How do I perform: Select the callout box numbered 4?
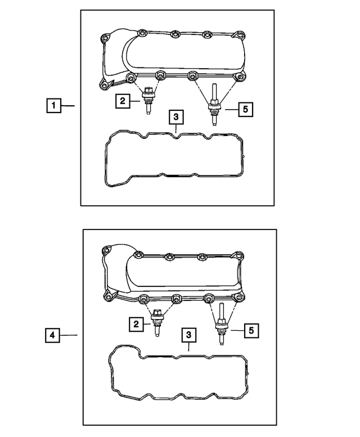(52, 335)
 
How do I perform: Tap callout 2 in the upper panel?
(121, 101)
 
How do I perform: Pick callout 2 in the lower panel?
(135, 324)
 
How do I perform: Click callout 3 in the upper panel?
(176, 117)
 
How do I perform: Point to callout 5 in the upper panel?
(245, 109)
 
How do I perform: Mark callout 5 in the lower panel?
(252, 330)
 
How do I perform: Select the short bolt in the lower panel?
(157, 323)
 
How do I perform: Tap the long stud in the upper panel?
(214, 105)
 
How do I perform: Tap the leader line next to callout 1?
(68, 105)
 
